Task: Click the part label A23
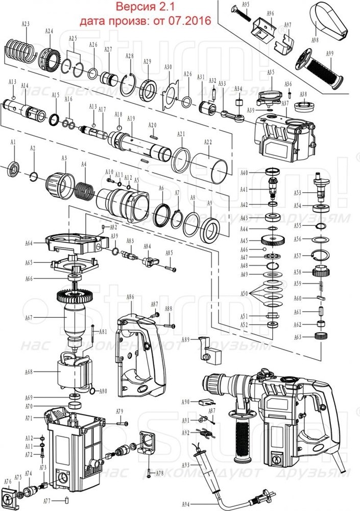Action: pos(26,24)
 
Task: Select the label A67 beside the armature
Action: pos(29,318)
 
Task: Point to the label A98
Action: pos(315,39)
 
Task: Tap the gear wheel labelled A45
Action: pos(273,240)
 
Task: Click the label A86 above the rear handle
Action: pos(130,297)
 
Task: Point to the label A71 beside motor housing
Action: pos(29,418)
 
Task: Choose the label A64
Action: pos(29,244)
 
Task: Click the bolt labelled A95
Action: pos(239,14)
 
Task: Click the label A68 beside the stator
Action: pos(29,372)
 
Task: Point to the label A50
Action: pos(245,294)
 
